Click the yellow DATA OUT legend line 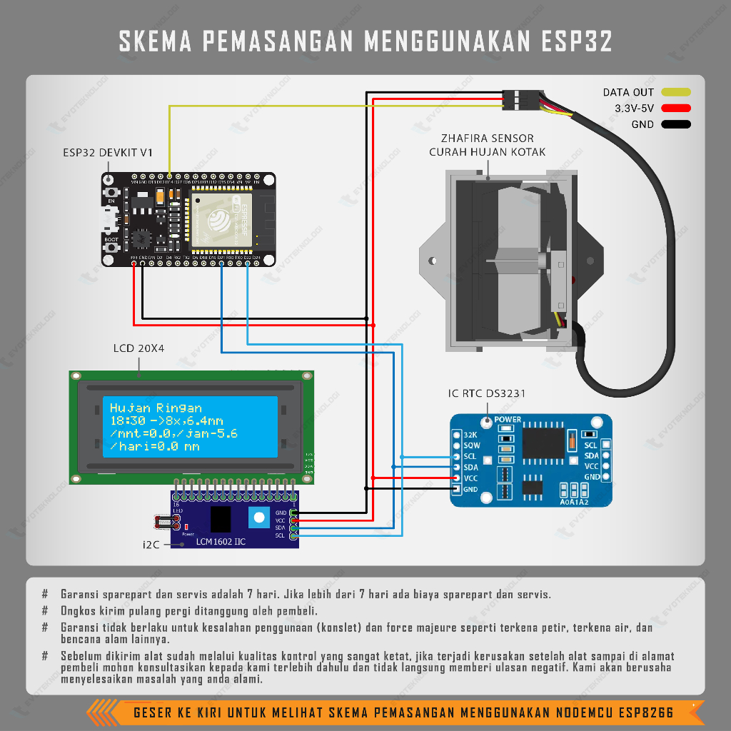(676, 92)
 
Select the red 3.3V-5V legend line (676, 109)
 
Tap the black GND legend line (676, 124)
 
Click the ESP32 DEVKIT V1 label (107, 153)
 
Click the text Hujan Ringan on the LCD (156, 408)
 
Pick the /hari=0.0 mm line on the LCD (154, 447)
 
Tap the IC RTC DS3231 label (488, 393)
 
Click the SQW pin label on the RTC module (471, 445)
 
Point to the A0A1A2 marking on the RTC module (574, 502)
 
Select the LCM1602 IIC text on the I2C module (221, 542)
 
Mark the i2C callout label (151, 545)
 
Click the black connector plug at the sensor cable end (520, 99)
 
